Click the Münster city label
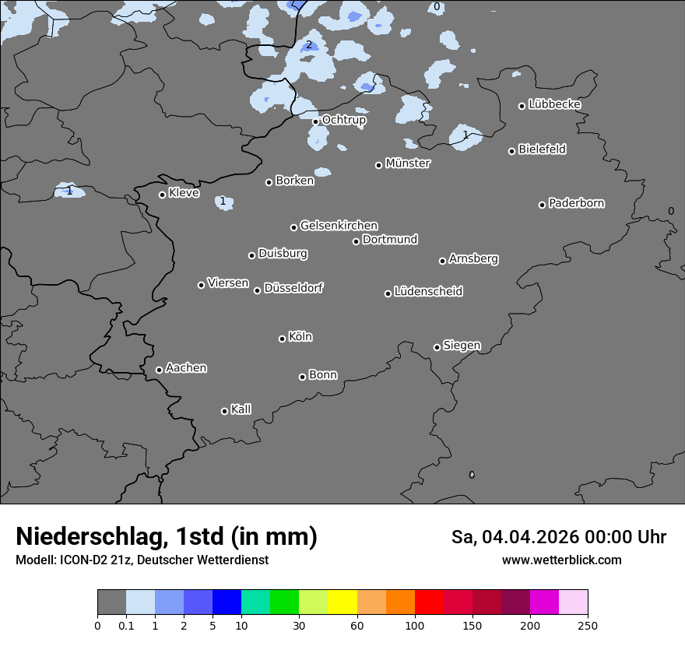point(407,163)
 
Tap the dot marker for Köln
point(282,339)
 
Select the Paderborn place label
point(576,203)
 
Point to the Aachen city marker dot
point(159,370)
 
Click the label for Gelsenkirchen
point(339,226)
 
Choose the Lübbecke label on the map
point(554,104)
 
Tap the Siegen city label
point(462,346)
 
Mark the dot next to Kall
point(224,411)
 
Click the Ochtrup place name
point(343,120)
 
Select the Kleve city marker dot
point(162,195)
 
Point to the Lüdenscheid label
point(428,292)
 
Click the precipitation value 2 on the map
point(308,44)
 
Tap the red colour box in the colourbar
point(429,602)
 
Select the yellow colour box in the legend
point(342,602)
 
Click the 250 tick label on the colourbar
point(588,625)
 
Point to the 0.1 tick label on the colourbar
point(126,625)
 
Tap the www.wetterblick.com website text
point(561,560)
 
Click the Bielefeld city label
point(542,149)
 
